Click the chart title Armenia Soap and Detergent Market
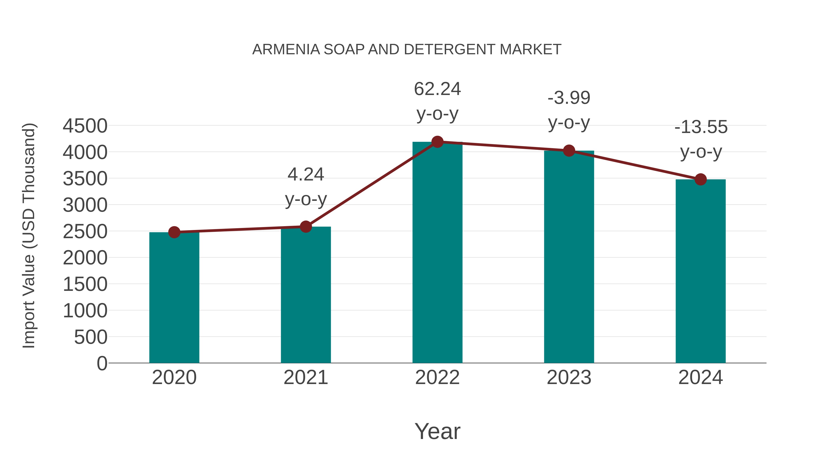click(407, 49)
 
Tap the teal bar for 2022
click(437, 253)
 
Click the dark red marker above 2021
click(305, 227)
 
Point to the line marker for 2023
click(569, 151)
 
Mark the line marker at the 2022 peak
click(437, 142)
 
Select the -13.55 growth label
click(701, 127)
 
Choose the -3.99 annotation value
click(569, 98)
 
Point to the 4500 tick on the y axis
click(85, 126)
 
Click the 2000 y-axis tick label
click(85, 258)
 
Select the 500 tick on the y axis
click(91, 337)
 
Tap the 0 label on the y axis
click(102, 363)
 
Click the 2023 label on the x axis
click(569, 377)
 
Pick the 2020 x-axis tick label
click(174, 377)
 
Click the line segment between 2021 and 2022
click(372, 184)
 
